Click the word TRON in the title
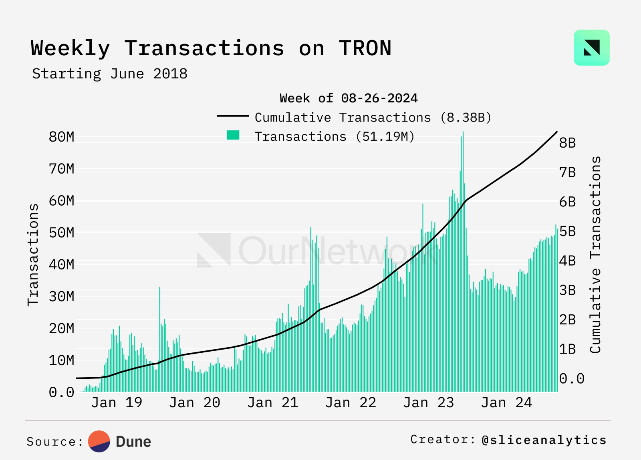pyautogui.click(x=365, y=48)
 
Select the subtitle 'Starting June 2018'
pyautogui.click(x=110, y=74)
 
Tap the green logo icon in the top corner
pyautogui.click(x=591, y=48)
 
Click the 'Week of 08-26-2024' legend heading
pyautogui.click(x=349, y=98)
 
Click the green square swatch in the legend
pyautogui.click(x=233, y=135)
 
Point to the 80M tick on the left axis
pyautogui.click(x=61, y=137)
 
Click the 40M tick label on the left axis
pyautogui.click(x=61, y=264)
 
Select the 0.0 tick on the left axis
pyautogui.click(x=61, y=392)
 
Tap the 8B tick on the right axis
pyautogui.click(x=567, y=143)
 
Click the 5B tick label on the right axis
pyautogui.click(x=567, y=231)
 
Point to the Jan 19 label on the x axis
pyautogui.click(x=117, y=402)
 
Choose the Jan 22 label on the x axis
pyautogui.click(x=351, y=402)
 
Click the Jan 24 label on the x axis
pyautogui.click(x=506, y=402)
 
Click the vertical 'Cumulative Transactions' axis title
pyautogui.click(x=595, y=254)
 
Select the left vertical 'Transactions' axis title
pyautogui.click(x=33, y=255)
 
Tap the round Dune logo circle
pyautogui.click(x=99, y=442)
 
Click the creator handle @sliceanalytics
pyautogui.click(x=544, y=440)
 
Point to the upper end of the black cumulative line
pyautogui.click(x=557, y=132)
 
